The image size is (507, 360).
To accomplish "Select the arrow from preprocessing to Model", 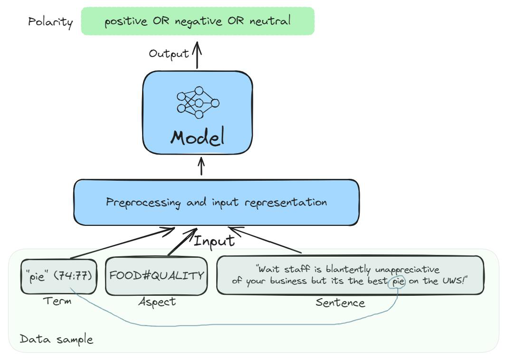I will click(201, 167).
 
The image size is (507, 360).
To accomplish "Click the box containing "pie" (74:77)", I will click(59, 276).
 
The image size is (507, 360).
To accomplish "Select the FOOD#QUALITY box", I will click(157, 276).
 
